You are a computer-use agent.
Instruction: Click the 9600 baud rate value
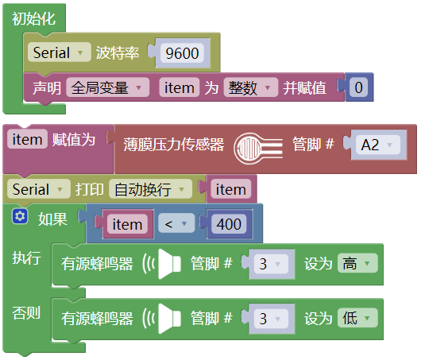point(182,53)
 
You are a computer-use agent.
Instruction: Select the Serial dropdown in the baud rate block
point(60,52)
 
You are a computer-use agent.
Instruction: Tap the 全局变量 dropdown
point(108,87)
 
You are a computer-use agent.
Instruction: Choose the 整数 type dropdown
point(250,87)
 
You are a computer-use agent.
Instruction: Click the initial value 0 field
point(358,87)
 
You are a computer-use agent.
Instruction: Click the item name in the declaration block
point(179,87)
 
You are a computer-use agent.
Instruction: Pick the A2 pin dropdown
point(378,145)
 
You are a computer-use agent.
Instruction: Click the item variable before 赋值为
point(27,139)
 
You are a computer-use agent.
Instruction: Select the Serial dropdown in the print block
point(39,189)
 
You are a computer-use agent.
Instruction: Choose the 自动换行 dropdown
point(150,189)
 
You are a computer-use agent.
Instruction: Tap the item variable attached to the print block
point(231,189)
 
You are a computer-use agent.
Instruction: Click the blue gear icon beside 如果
point(20,216)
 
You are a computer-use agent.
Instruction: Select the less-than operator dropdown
point(176,223)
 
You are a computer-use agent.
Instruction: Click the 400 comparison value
point(229,223)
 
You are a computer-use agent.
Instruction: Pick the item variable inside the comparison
point(127,224)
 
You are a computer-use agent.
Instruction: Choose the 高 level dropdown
point(357,263)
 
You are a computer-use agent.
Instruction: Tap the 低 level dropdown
point(357,318)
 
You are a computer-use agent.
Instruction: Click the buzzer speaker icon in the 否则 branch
point(162,319)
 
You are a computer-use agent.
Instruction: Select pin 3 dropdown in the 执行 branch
point(271,264)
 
